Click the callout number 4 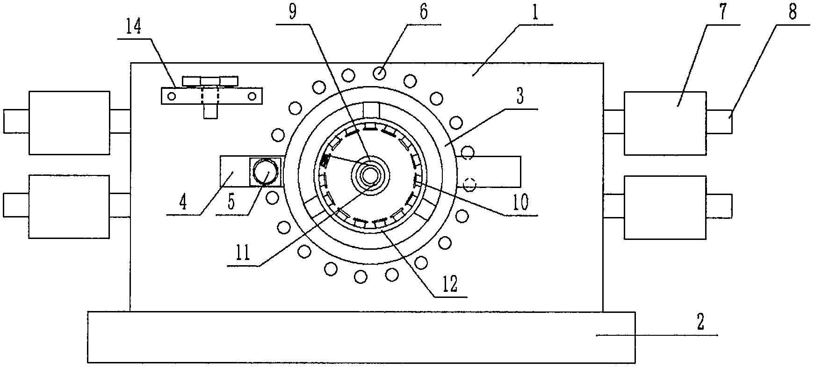[x=182, y=203]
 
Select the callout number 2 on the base [x=700, y=323]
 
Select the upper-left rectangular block [x=69, y=123]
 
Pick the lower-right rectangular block [x=664, y=208]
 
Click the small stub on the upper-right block [x=719, y=122]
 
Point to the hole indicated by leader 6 [x=380, y=72]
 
